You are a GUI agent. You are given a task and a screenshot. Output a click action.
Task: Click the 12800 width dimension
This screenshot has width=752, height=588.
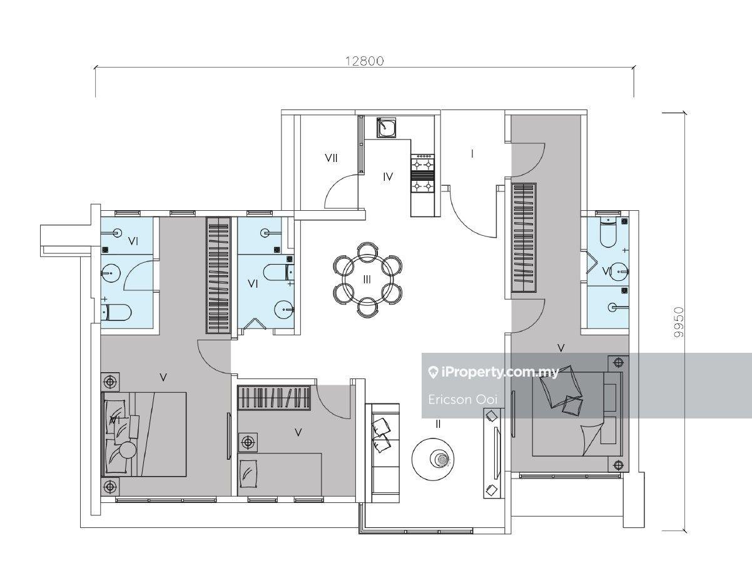[x=365, y=61]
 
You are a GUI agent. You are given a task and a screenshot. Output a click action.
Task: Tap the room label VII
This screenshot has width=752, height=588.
[x=331, y=158]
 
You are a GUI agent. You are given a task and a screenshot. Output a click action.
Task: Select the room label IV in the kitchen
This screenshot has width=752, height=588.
[x=388, y=177]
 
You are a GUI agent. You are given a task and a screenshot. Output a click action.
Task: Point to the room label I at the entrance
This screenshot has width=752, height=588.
[x=472, y=154]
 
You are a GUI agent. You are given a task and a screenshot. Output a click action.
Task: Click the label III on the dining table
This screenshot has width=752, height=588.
[x=367, y=279]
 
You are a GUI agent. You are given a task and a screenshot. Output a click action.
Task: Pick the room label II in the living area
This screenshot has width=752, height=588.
[x=438, y=423]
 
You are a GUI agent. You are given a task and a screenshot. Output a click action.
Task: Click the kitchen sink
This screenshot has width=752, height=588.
[x=385, y=128]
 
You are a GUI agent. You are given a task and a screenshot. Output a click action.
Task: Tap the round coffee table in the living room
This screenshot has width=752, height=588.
[x=433, y=459]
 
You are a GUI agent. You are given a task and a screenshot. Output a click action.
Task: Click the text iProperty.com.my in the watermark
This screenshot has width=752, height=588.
[x=500, y=372]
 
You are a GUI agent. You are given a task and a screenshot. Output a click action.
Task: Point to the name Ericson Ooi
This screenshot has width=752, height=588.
[x=463, y=400]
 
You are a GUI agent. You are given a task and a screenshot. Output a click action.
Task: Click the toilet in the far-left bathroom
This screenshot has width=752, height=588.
[x=116, y=312]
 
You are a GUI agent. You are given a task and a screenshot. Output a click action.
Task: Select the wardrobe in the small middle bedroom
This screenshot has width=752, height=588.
[x=273, y=397]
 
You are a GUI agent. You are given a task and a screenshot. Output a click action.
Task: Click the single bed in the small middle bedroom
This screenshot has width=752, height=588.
[x=280, y=475]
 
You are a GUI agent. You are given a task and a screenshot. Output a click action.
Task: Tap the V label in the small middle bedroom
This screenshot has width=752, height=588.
[x=298, y=432]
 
